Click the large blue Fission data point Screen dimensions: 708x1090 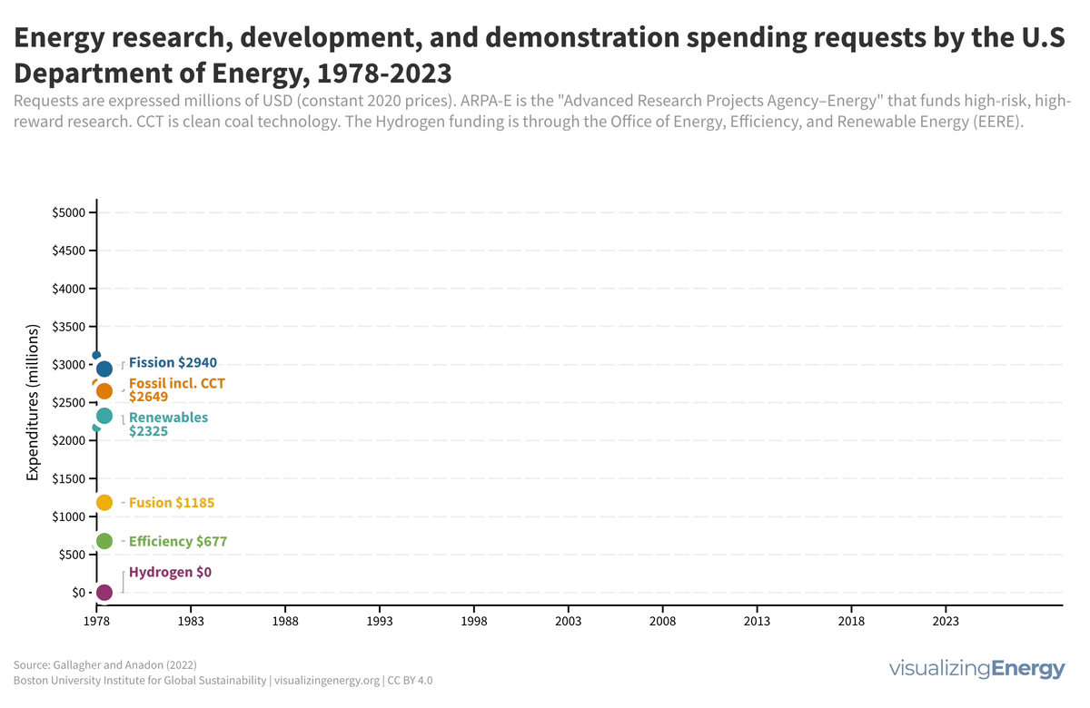tap(104, 369)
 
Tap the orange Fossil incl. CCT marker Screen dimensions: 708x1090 tap(104, 390)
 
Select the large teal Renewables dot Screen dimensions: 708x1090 tap(104, 416)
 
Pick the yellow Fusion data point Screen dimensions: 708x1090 tap(104, 502)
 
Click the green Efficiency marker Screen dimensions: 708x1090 tap(104, 541)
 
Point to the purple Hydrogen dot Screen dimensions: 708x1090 tap(104, 592)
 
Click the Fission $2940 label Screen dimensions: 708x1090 tap(173, 362)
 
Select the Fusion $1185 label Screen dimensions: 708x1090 tap(173, 502)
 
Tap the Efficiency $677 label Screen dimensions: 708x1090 tap(178, 541)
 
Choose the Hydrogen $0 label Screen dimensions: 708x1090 tap(170, 572)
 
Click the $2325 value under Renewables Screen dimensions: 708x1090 tap(149, 432)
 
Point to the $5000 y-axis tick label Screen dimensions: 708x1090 tap(69, 212)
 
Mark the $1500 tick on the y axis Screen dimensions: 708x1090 tap(69, 478)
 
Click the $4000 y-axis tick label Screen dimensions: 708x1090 tap(69, 289)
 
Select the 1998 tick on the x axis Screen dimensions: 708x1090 tap(473, 622)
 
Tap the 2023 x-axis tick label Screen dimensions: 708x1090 tap(946, 622)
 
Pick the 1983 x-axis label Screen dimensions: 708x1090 tap(190, 622)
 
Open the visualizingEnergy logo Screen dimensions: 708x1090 tap(976, 670)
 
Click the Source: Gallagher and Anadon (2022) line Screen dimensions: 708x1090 tap(105, 664)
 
